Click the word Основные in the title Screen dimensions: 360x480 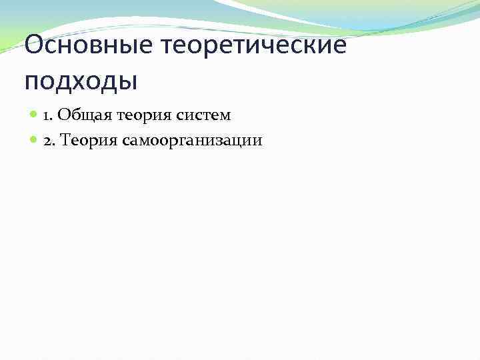[x=84, y=47]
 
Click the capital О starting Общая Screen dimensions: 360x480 [x=63, y=115]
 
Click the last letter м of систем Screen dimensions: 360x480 [x=224, y=116]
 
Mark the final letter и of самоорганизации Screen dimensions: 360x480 [x=258, y=141]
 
